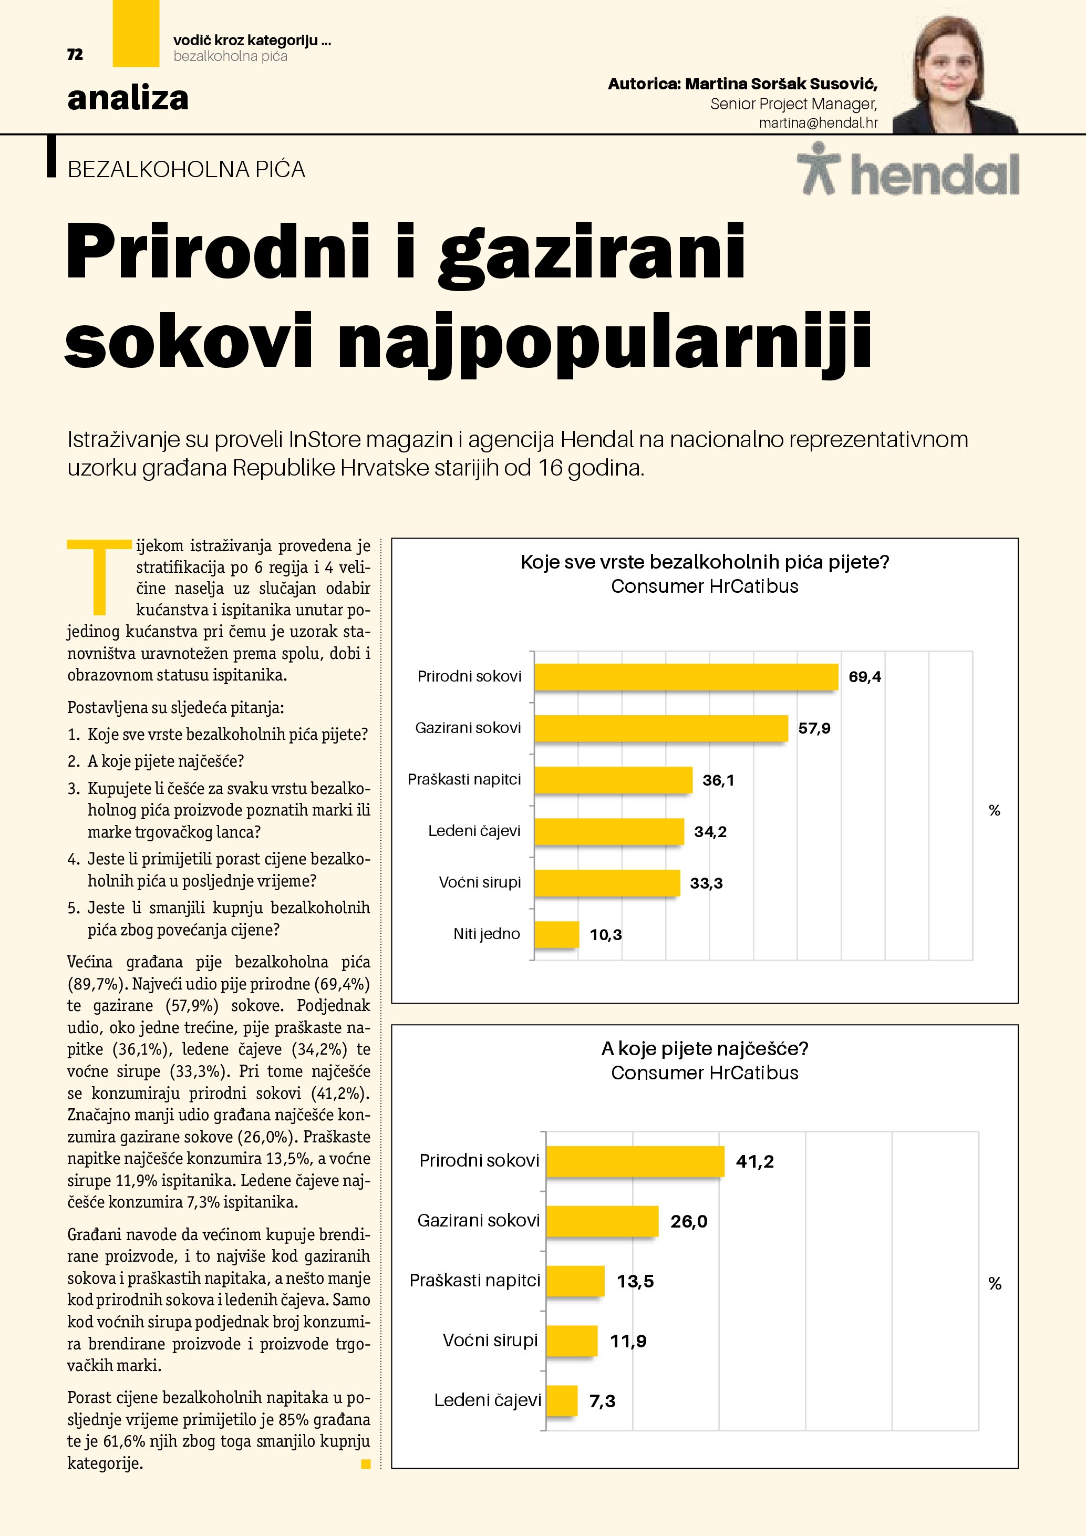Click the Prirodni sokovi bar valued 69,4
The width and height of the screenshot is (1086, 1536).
click(686, 676)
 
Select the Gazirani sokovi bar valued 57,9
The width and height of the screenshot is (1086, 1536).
click(661, 728)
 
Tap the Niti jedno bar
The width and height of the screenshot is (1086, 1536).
click(556, 934)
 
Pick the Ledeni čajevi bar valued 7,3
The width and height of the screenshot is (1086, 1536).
click(562, 1400)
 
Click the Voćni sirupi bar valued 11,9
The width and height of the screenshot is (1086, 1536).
click(572, 1341)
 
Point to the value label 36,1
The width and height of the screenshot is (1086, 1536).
click(718, 780)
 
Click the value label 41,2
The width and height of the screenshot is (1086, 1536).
click(754, 1161)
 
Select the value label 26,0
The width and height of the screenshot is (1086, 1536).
click(689, 1222)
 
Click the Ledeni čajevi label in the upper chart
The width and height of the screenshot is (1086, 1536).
click(474, 831)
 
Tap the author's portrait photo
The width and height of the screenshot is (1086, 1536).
click(955, 74)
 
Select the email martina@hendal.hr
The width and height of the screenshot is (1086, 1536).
click(818, 123)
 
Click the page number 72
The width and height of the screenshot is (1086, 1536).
click(75, 55)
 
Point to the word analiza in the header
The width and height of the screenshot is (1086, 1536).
click(128, 98)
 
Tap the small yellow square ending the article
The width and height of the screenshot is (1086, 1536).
click(366, 1464)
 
